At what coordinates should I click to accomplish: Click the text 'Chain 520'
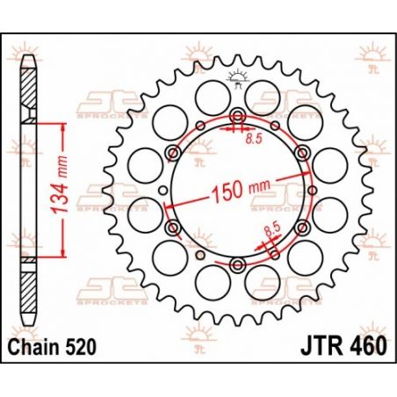[x=50, y=348]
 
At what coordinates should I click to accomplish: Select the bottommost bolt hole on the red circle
[x=236, y=266]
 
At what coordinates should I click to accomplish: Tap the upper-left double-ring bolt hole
[x=173, y=155]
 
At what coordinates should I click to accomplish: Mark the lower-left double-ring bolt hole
[x=173, y=229]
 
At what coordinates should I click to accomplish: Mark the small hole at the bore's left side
[x=163, y=192]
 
